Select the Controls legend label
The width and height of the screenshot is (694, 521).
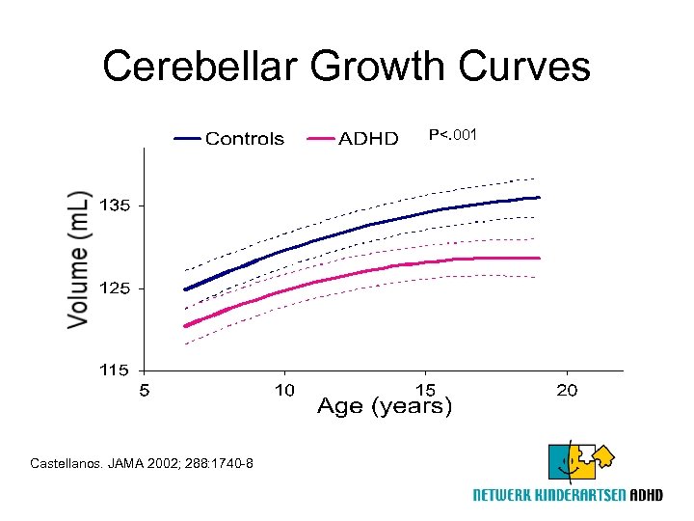[245, 139]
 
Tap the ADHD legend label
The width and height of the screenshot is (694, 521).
[368, 139]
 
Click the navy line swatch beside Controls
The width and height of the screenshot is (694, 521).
[188, 139]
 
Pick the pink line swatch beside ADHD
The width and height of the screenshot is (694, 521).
[320, 139]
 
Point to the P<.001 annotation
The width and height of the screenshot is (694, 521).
[453, 135]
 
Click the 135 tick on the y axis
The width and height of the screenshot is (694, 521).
[115, 206]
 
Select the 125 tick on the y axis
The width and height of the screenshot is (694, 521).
[115, 288]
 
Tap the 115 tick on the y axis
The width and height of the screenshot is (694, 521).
[115, 370]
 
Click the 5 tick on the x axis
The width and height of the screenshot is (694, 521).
[144, 390]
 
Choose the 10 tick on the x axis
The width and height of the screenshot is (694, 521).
[284, 390]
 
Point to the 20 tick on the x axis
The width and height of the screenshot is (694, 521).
[567, 390]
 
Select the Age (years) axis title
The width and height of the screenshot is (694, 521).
[385, 406]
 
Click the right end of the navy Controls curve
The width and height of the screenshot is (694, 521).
[538, 197]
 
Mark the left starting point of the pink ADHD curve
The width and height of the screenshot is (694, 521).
[186, 325]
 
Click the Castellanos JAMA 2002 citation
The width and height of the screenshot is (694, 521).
[142, 464]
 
